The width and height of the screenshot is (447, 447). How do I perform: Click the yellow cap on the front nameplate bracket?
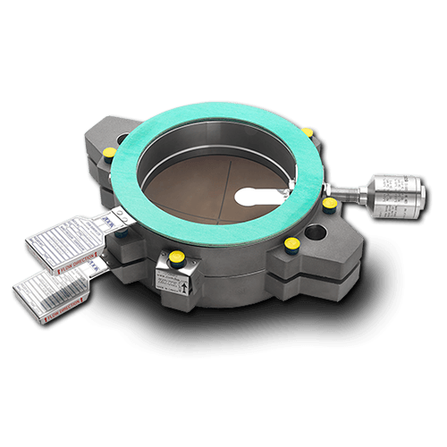tap(178, 256)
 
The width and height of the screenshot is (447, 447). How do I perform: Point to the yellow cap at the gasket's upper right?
tap(308, 133)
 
